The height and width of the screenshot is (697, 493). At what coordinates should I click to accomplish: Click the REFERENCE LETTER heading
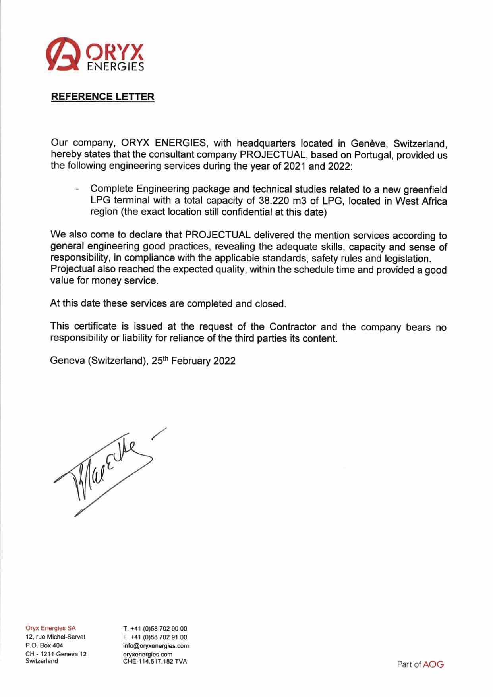coord(102,97)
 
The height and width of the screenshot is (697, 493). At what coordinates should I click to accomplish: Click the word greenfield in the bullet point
coord(425,189)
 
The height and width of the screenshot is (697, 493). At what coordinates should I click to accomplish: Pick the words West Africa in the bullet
coord(421,201)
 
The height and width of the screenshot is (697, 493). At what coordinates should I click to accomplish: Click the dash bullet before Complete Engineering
coord(77,189)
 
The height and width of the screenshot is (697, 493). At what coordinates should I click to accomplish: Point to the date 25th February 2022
coord(193,361)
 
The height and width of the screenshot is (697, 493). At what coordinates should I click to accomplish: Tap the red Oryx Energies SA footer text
coord(50,628)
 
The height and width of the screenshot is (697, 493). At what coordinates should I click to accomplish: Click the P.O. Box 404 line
coord(44,645)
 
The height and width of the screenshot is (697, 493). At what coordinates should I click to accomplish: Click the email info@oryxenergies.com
coord(156,646)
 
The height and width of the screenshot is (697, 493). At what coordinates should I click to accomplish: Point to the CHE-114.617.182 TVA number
coord(155,661)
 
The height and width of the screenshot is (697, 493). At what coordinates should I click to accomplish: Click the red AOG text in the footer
coord(433,664)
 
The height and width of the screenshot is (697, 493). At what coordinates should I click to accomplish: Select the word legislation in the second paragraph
coord(407,259)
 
